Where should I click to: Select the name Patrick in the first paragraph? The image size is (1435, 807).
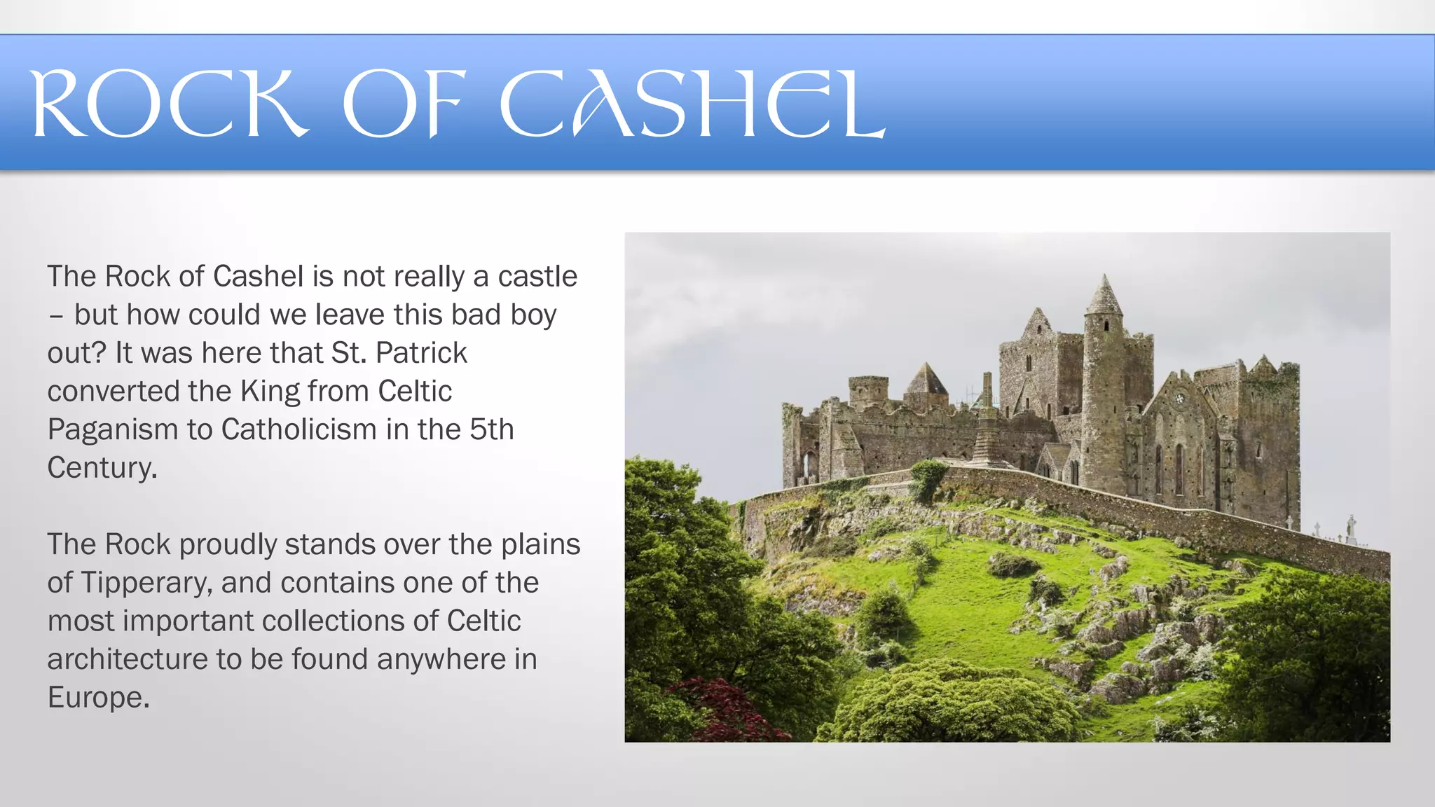421,353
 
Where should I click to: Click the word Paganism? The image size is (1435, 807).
113,429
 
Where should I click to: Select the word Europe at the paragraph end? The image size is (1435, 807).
99,698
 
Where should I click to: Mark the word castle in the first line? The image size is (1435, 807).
537,277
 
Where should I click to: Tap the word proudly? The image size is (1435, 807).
228,545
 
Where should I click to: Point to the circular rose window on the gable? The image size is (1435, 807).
1179,399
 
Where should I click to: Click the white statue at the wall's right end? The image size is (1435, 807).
1351,526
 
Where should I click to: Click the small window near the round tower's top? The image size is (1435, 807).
1106,326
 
